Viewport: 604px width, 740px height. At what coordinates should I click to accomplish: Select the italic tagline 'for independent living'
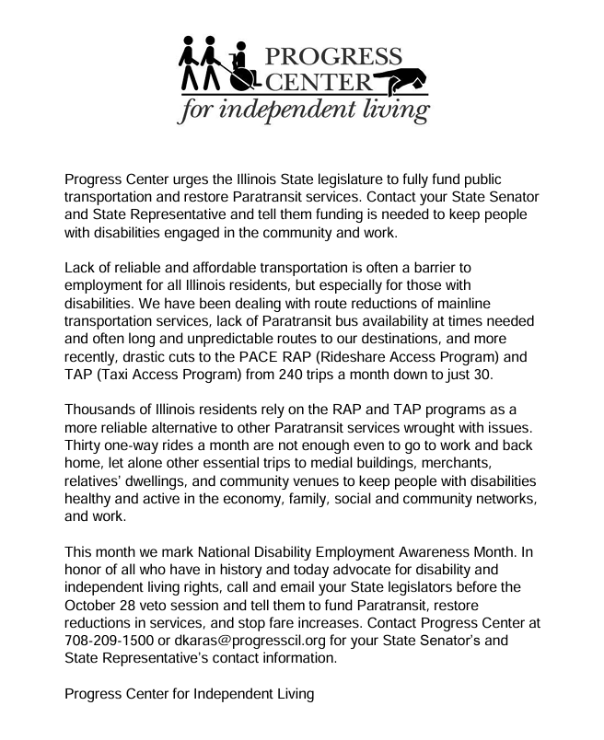coord(304,111)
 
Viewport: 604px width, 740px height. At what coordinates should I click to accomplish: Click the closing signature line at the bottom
coord(189,693)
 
